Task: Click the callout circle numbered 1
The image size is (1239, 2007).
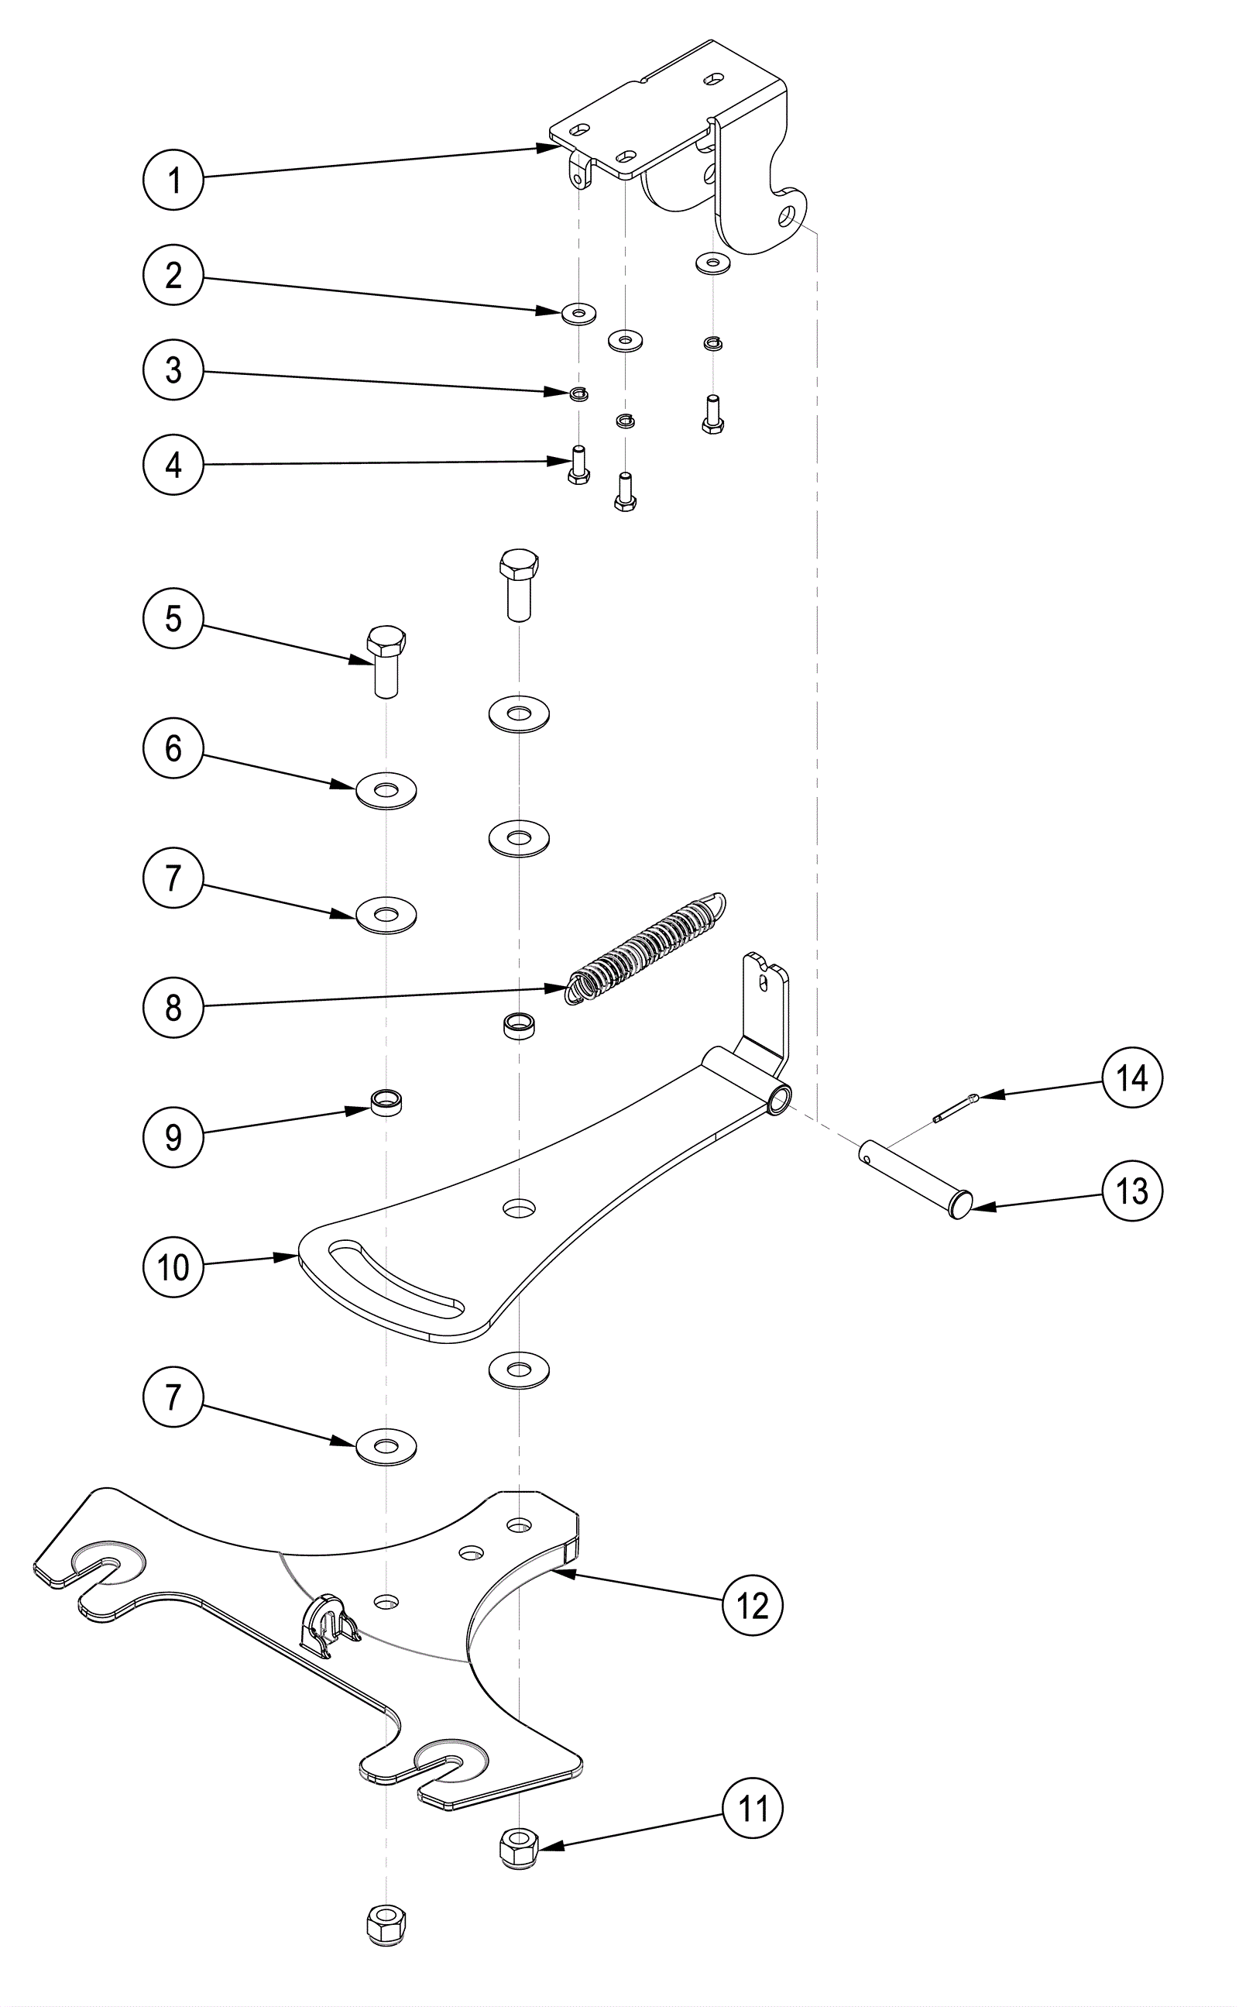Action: [x=173, y=180]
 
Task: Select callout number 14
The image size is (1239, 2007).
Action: [x=1131, y=1078]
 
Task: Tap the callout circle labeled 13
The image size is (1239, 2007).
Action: [x=1131, y=1191]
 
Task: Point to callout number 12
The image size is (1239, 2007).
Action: [x=752, y=1606]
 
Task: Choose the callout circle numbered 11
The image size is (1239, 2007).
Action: [x=752, y=1808]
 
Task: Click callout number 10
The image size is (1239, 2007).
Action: [x=173, y=1267]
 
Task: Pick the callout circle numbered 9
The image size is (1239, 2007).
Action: [x=173, y=1136]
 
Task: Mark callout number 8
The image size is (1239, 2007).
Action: [x=173, y=1007]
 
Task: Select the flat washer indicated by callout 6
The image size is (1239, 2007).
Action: [x=386, y=791]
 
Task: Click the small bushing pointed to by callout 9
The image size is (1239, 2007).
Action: [x=386, y=1103]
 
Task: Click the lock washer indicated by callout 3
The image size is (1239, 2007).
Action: [x=579, y=393]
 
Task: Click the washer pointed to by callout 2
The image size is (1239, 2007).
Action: [x=579, y=313]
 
